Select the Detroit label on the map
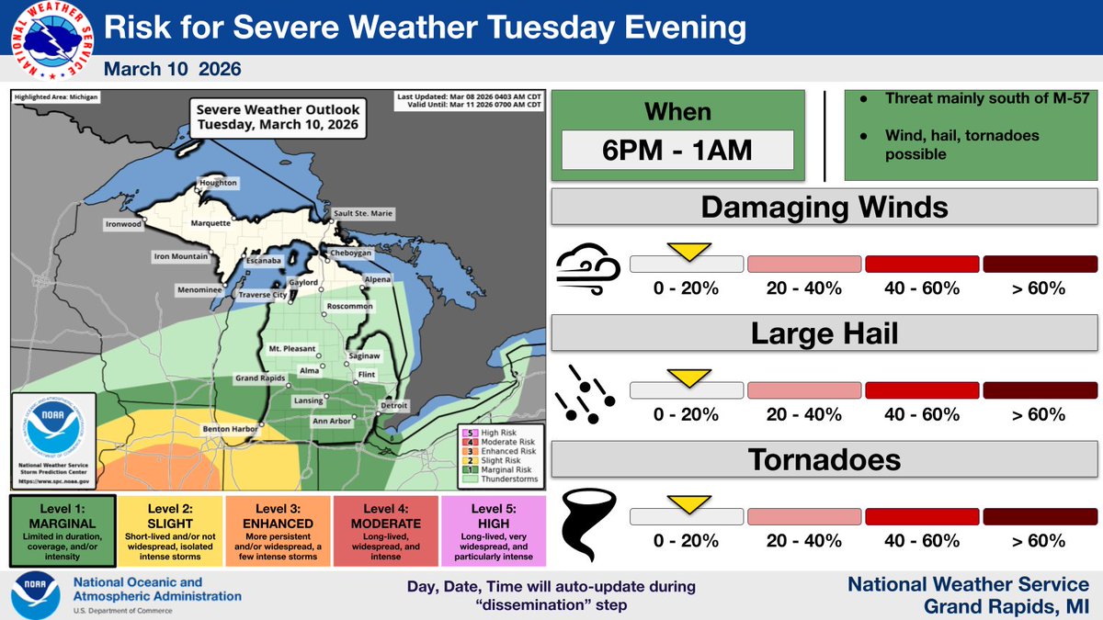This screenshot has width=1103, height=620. point(393,405)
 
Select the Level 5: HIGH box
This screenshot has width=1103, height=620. point(494,531)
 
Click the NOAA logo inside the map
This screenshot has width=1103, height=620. point(54,433)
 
